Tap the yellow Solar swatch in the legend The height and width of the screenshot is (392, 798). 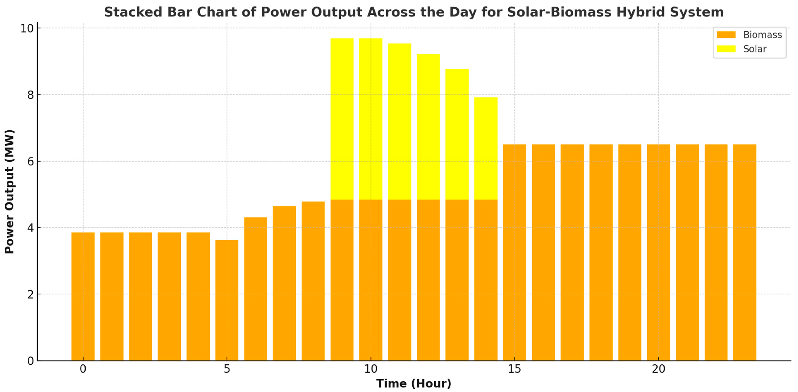coord(726,49)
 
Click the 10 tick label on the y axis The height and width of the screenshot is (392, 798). coord(27,29)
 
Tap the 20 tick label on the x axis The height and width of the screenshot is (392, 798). coord(658,369)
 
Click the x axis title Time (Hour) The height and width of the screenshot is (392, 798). coord(413,384)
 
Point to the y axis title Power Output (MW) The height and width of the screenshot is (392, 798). coord(9,191)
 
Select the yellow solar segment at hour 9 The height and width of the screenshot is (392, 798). coord(342,119)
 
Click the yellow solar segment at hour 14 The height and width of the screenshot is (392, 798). coord(486,149)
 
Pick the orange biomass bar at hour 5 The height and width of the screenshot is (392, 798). coord(227,300)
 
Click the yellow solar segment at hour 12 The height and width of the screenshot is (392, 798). coord(428,127)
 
